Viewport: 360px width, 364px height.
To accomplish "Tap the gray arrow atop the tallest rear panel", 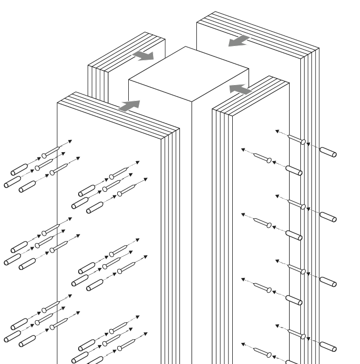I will click(x=240, y=40).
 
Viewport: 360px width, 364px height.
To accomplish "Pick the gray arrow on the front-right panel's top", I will click(x=241, y=88).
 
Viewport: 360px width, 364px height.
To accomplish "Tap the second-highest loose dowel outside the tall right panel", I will click(x=328, y=217).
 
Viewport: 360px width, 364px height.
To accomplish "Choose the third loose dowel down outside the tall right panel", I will click(x=328, y=281).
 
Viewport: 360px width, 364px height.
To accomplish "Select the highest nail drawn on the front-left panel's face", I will click(x=119, y=172).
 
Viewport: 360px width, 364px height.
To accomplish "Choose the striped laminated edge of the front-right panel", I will click(x=222, y=238).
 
